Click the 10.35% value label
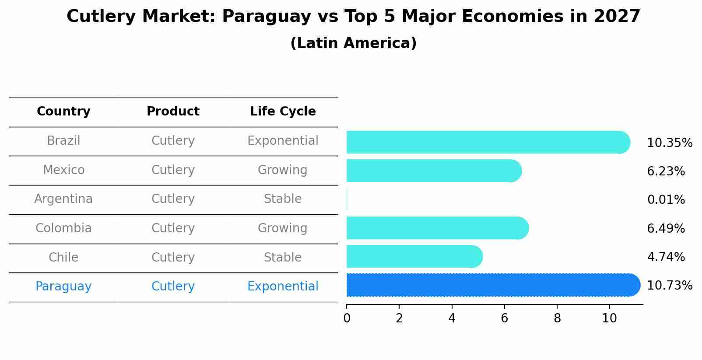(669, 143)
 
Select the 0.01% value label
(666, 200)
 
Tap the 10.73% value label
(669, 286)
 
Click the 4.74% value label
(666, 257)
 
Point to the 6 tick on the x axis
(504, 318)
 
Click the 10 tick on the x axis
(609, 318)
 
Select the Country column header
(63, 112)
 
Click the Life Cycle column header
(283, 112)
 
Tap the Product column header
(173, 112)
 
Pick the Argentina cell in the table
(63, 199)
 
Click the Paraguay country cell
(63, 287)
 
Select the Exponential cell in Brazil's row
(283, 141)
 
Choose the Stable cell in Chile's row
(283, 257)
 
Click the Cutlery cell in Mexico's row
(173, 170)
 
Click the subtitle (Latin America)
(353, 43)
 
